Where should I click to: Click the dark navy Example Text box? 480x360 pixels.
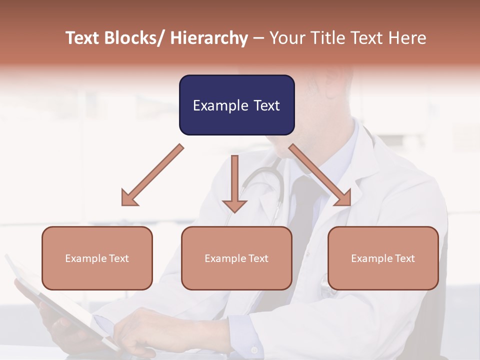click(x=236, y=105)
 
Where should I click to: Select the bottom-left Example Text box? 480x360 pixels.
click(x=97, y=258)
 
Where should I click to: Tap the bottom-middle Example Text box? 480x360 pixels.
click(x=236, y=258)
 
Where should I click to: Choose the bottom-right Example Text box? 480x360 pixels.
click(x=383, y=258)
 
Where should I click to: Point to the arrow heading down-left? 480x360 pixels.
click(x=153, y=175)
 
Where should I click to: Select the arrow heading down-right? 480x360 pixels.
click(x=320, y=175)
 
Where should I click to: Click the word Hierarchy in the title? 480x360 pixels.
click(x=209, y=38)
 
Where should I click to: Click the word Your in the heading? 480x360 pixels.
click(x=287, y=38)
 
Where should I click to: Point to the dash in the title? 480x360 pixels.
click(x=258, y=39)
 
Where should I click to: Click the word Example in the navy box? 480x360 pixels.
click(x=219, y=105)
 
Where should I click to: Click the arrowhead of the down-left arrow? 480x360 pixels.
click(x=129, y=198)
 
